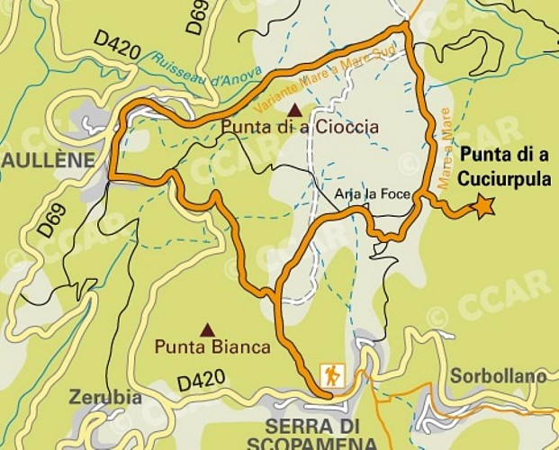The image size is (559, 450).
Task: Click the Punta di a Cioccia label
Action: pyautogui.click(x=300, y=128)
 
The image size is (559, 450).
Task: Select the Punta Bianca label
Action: pyautogui.click(x=212, y=346)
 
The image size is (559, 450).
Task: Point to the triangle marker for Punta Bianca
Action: pyautogui.click(x=208, y=329)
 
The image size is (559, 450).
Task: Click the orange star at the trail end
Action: pyautogui.click(x=484, y=207)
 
